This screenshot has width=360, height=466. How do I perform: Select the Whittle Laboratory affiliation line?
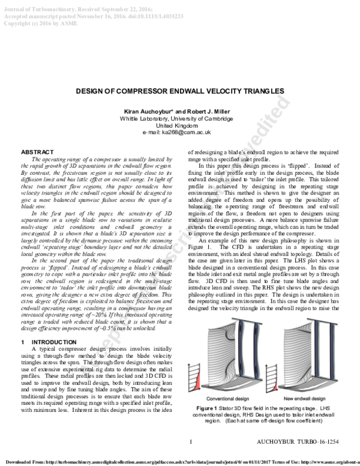pyautogui.click(x=179, y=119)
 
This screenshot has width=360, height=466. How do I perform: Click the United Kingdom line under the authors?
pyautogui.click(x=179, y=126)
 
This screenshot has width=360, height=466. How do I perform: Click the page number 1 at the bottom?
pyautogui.click(x=191, y=442)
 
